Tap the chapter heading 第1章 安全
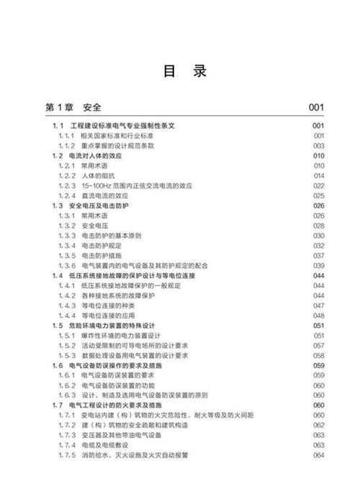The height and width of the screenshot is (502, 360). [x=73, y=108]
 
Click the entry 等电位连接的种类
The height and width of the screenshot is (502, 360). [x=108, y=305]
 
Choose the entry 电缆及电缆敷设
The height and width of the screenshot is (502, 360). [x=104, y=446]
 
